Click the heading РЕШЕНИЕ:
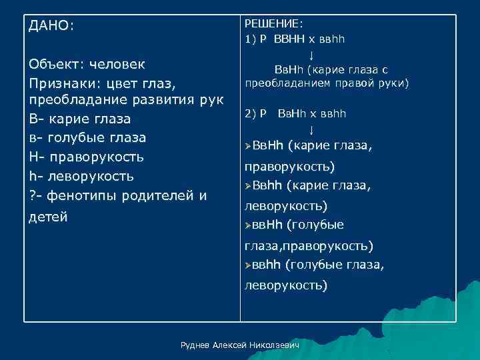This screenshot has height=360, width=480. tap(274, 25)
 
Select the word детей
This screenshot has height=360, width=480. tap(48, 217)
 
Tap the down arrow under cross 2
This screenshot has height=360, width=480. tap(311, 129)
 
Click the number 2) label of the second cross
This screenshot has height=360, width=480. tap(252, 113)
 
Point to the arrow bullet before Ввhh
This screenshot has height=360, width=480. tap(247, 185)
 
